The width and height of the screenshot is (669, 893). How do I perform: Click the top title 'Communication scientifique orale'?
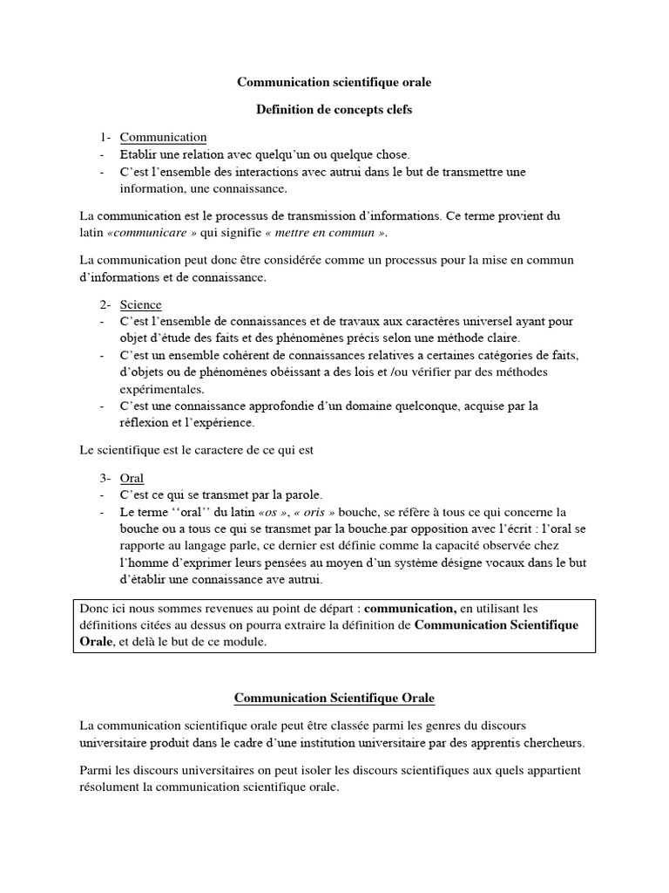tap(334, 82)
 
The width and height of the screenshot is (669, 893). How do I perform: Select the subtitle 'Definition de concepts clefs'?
tap(334, 110)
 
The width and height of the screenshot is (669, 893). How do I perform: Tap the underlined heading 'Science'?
tap(140, 304)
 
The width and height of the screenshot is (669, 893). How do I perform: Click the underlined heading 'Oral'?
tap(132, 478)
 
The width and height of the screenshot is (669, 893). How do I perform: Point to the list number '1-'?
tap(105, 137)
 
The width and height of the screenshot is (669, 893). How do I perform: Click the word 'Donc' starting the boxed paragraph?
tap(95, 607)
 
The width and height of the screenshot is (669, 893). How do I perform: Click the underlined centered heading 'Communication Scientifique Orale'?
tap(334, 699)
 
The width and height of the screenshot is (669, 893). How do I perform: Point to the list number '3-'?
tap(105, 478)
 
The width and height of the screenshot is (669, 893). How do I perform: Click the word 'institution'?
tap(340, 743)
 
